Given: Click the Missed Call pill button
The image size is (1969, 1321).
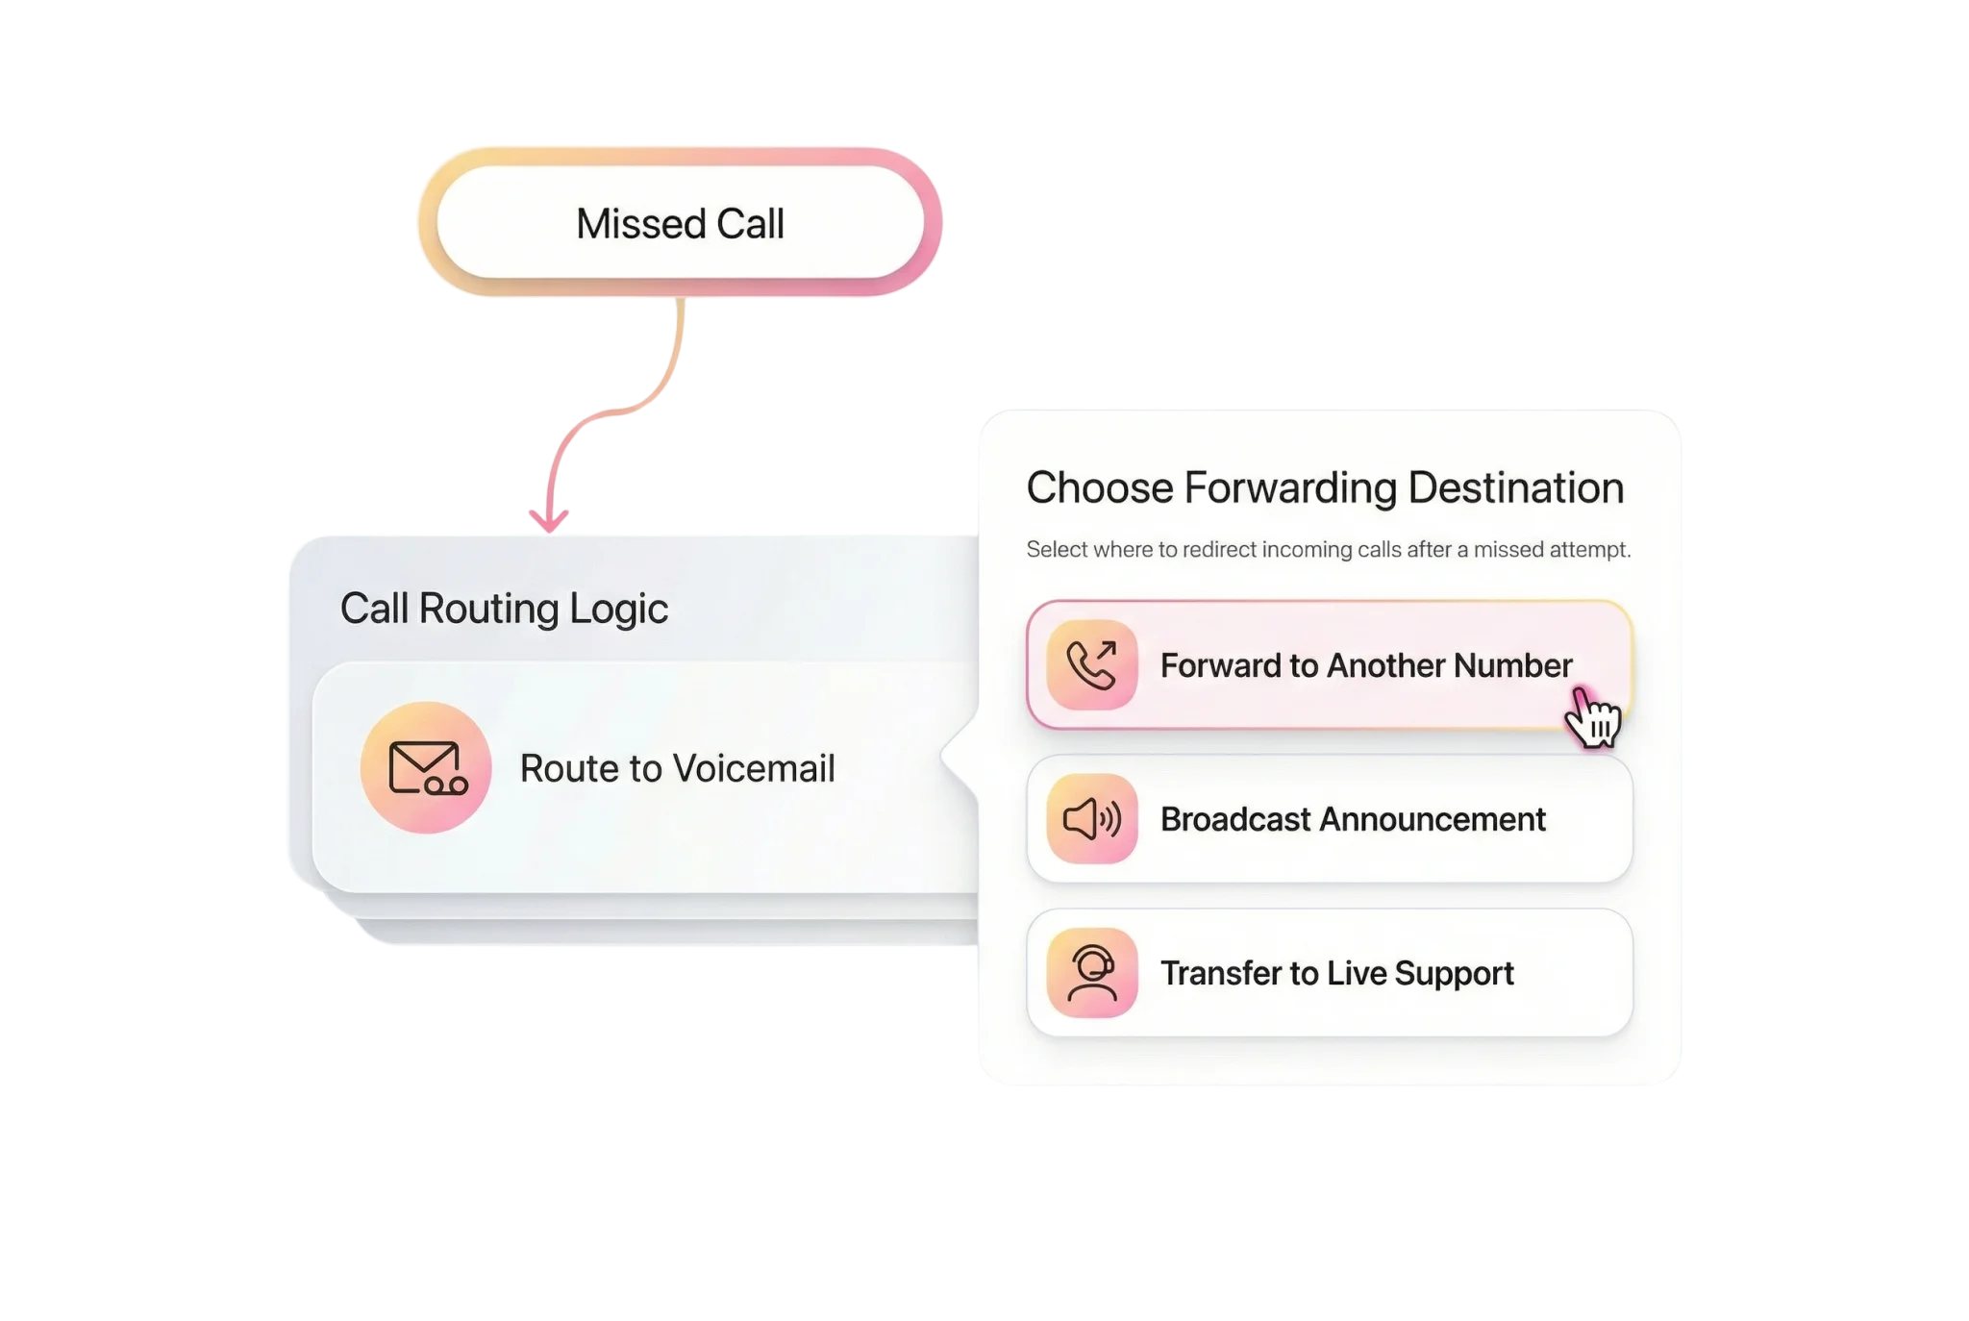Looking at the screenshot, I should pos(680,223).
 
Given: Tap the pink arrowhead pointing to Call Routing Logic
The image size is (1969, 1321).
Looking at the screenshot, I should pos(549,519).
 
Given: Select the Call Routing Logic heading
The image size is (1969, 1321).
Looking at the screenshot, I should pos(504,609).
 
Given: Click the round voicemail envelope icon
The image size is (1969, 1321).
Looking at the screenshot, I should pos(426,767).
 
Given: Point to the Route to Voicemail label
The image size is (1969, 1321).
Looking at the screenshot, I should pos(677,768).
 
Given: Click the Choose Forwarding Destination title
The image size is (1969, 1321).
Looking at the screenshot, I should pos(1325,487).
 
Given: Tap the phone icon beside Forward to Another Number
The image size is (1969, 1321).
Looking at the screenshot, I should pos(1091,665).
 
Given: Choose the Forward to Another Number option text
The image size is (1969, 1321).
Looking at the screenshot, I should pos(1365,665).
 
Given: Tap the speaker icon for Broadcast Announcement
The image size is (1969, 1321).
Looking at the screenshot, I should pos(1091,819).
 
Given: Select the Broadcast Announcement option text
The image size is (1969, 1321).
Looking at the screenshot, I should pos(1352,819).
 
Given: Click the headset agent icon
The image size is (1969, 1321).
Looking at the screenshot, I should pos(1091,973).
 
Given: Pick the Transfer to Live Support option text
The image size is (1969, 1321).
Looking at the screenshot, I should pos(1336,973).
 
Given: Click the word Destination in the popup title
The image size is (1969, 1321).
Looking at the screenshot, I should pos(1515,487).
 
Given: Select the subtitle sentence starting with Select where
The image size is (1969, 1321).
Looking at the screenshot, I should pos(1328,550).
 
